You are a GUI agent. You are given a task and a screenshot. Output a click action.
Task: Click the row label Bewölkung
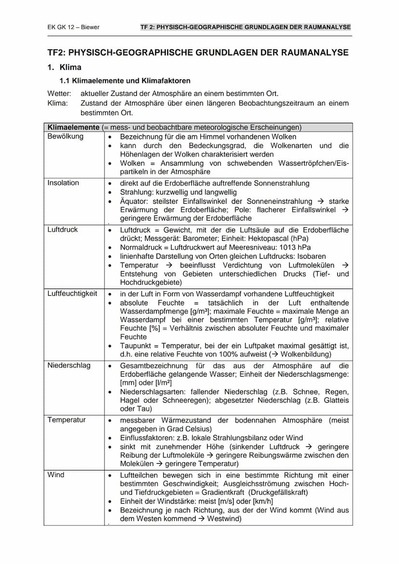coord(65,136)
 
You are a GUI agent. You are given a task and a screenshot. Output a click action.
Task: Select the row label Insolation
coord(63,183)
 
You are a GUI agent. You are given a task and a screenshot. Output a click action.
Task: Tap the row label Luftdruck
coord(63,230)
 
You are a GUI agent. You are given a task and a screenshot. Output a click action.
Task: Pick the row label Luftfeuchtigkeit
coord(72,293)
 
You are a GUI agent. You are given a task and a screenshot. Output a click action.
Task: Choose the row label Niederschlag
coord(69,366)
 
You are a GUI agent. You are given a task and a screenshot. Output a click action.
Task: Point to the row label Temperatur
coord(66,420)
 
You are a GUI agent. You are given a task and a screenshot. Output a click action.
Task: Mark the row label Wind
coord(56,475)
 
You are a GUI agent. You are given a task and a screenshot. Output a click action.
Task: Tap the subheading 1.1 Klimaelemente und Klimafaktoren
coord(125,81)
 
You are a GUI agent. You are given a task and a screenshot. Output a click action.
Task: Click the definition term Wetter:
coord(59,93)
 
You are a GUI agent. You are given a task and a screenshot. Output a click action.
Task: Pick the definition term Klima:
coord(58,103)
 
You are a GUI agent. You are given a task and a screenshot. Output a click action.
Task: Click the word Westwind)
coord(223,519)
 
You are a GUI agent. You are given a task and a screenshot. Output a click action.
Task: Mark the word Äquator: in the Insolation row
coord(134,201)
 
